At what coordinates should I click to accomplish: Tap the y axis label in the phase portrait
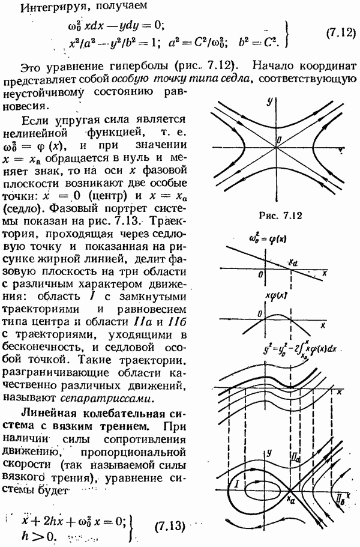(271, 449)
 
